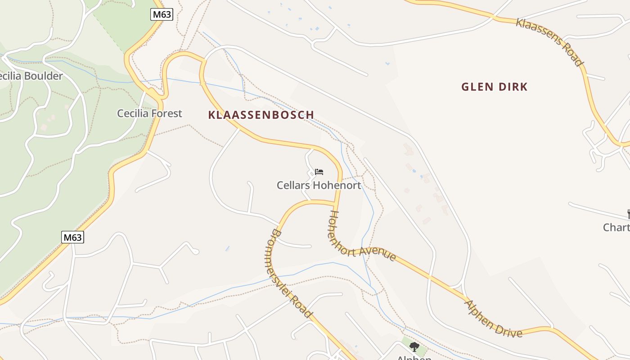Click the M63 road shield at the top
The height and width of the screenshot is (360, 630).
tap(162, 14)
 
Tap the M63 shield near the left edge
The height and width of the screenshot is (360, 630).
tap(72, 237)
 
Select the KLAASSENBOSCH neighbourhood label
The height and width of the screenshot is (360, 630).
tap(261, 115)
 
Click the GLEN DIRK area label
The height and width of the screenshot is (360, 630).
tap(494, 87)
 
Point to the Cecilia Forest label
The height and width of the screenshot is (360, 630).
tap(149, 113)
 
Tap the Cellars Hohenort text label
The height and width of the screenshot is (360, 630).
tap(319, 185)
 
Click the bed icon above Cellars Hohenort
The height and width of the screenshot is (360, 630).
tap(319, 171)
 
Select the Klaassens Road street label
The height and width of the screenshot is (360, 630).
tap(549, 42)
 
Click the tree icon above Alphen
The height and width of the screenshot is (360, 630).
tap(414, 346)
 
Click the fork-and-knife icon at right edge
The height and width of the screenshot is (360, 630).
tap(628, 214)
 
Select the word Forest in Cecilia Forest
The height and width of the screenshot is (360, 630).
tap(166, 113)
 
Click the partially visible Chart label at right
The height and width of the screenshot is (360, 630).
tap(616, 227)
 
